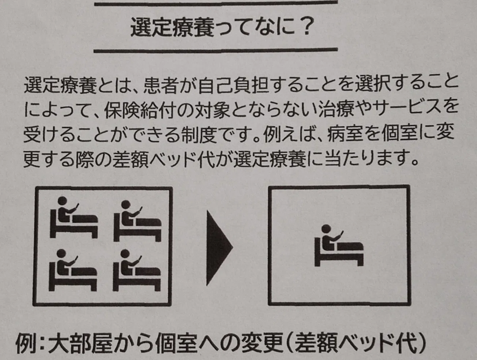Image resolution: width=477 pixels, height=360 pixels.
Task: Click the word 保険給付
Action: click(140, 111)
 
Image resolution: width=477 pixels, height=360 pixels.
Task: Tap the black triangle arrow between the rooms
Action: click(219, 248)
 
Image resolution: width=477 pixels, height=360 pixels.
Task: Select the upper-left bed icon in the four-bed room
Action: click(74, 217)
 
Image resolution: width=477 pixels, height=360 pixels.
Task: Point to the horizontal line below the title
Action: click(215, 51)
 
